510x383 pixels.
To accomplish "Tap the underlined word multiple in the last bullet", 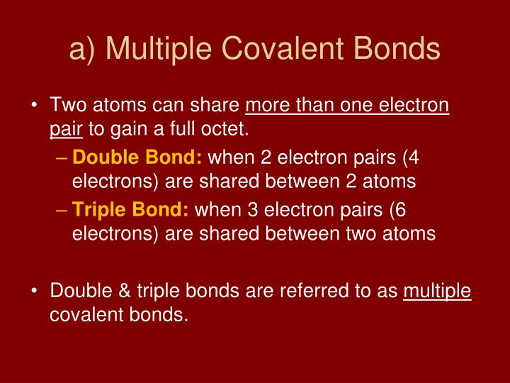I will [437, 290].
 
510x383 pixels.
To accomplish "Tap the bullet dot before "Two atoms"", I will [35, 106].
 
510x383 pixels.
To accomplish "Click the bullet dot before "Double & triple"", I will [35, 291].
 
